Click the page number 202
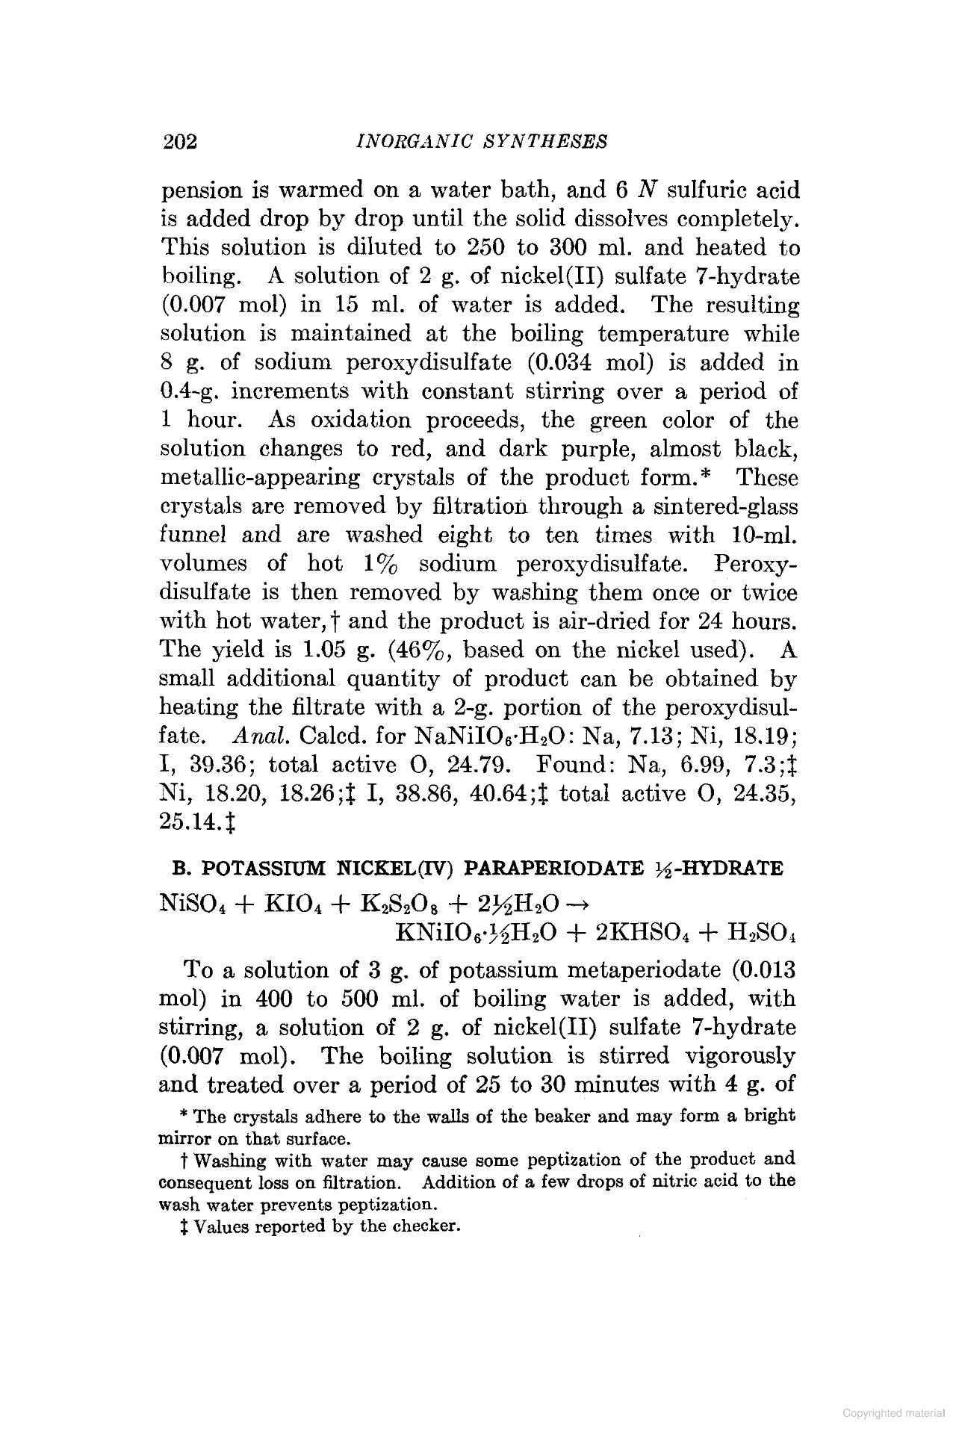[x=179, y=141]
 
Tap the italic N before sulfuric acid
[x=647, y=190]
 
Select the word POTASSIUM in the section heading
[x=266, y=869]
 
